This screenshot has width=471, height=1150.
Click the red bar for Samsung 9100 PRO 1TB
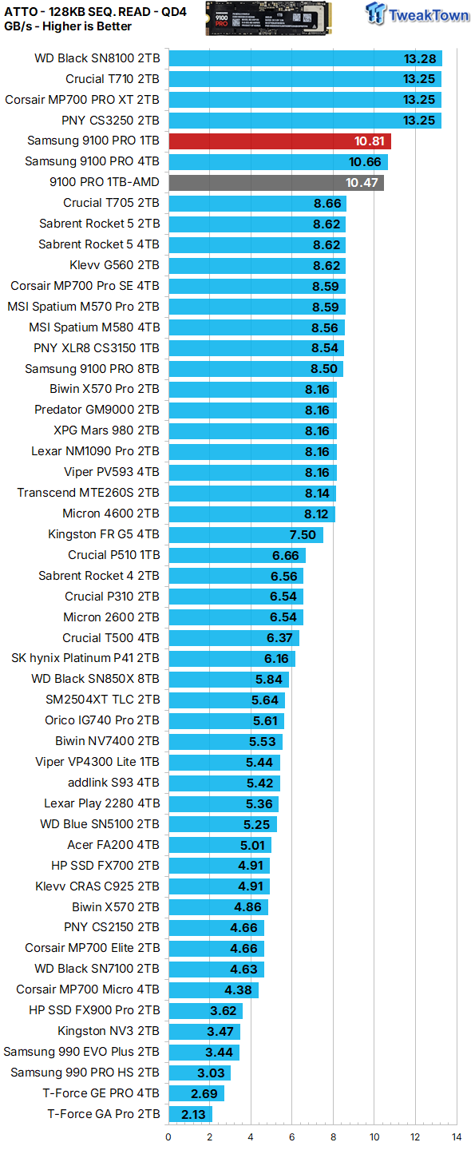[x=279, y=141]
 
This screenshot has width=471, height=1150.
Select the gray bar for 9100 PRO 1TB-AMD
[x=276, y=182]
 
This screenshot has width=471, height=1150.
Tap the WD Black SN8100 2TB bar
[x=305, y=58]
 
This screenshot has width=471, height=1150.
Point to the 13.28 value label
[x=420, y=58]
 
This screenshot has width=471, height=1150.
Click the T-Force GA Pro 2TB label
[x=104, y=1114]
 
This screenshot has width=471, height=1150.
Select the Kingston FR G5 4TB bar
[x=246, y=534]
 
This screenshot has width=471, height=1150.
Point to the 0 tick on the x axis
[x=168, y=1136]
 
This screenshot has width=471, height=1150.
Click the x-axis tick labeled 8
[x=333, y=1136]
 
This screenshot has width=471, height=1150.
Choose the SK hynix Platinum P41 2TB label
[x=85, y=658]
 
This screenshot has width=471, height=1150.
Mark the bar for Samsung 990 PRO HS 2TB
[x=200, y=1073]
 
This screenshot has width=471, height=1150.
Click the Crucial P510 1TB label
[x=114, y=555]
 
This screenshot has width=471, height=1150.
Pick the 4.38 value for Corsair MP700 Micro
[x=239, y=989]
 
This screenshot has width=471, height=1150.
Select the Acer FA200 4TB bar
[x=220, y=845]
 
